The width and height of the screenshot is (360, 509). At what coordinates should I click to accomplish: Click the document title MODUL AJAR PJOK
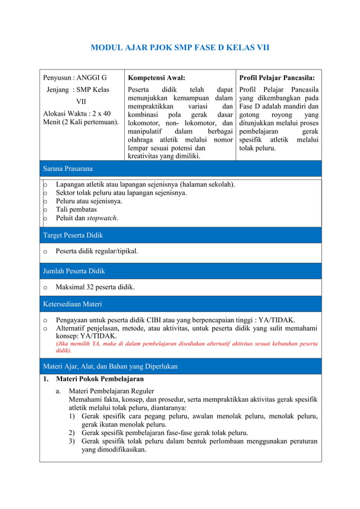point(180,47)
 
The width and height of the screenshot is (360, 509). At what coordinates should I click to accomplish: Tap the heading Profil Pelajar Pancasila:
point(277,78)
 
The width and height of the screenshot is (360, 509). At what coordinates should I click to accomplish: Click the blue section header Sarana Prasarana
point(68,168)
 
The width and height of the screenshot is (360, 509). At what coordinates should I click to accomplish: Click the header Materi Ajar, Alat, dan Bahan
point(110,366)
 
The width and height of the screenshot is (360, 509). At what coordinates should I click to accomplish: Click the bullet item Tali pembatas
point(76,209)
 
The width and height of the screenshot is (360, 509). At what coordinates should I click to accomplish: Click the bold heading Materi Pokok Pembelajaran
point(99,379)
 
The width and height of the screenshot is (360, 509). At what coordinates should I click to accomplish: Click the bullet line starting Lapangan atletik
point(145,184)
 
